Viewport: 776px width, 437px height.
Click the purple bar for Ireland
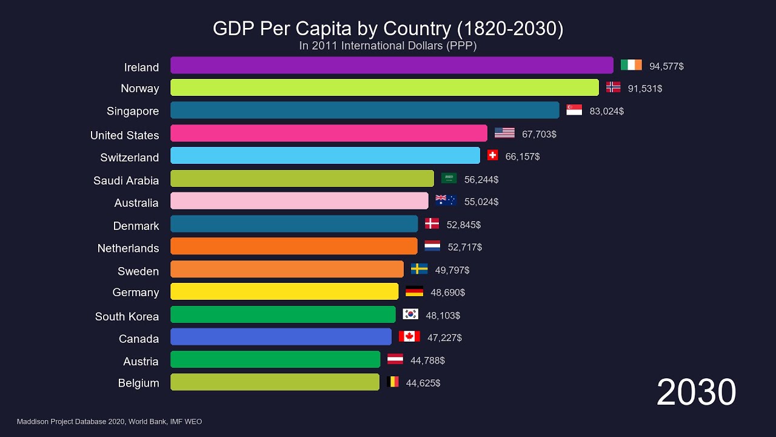tap(392, 66)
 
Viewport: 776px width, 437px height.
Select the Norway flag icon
tap(613, 87)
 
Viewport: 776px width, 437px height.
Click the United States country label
tap(124, 135)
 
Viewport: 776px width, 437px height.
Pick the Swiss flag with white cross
tap(492, 155)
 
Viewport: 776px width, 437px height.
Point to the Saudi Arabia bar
tap(302, 178)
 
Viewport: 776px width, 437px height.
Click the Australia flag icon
tap(446, 200)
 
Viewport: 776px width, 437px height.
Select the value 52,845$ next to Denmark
tap(463, 225)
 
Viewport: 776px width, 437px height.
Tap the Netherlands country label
tap(128, 248)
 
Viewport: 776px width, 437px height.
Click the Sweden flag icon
tap(419, 269)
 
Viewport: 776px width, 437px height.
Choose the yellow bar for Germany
tap(284, 291)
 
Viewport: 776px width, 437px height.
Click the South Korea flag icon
tap(410, 314)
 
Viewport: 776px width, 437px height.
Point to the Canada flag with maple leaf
tap(409, 336)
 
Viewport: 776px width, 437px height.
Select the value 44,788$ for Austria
tap(427, 361)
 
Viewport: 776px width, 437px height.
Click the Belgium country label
tap(138, 383)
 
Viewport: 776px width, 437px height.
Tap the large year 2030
tap(696, 392)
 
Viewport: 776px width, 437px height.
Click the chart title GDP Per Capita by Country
tap(388, 29)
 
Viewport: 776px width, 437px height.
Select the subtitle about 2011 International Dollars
tap(388, 46)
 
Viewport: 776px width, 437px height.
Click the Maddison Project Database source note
tap(109, 421)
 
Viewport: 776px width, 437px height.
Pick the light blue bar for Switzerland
tap(325, 155)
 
